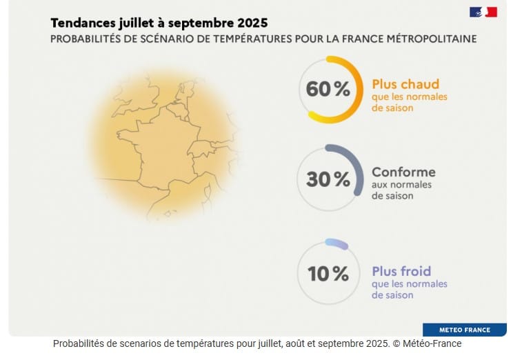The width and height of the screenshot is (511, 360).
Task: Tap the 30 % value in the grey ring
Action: pos(328,179)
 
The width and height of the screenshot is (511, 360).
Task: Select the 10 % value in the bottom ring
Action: pos(328,274)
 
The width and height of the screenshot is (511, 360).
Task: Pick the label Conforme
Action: pos(403,172)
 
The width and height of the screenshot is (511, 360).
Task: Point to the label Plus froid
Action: pos(401,271)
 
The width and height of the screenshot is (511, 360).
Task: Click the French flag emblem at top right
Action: pos(483,12)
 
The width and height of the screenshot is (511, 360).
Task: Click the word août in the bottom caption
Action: pos(288,343)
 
